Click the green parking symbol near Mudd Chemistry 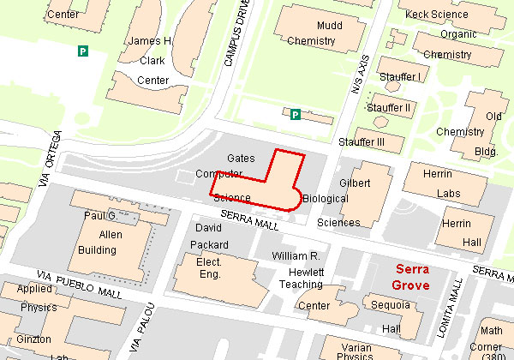click(295, 114)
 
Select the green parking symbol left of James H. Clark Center click(83, 51)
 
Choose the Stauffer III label click(361, 141)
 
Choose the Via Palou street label click(142, 331)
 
